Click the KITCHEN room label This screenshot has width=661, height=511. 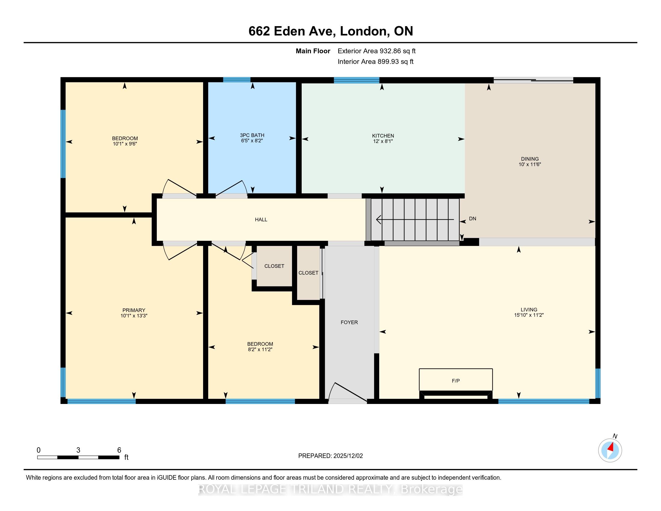tap(383, 136)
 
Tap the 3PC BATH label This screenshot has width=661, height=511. tap(252, 135)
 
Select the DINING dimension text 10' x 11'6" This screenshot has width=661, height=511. tap(530, 164)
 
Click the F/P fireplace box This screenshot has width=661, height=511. tap(455, 381)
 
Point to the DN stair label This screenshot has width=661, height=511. tap(472, 219)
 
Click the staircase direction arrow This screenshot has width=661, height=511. tap(415, 219)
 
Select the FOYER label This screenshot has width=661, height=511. tap(349, 323)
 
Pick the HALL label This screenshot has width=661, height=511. tap(261, 219)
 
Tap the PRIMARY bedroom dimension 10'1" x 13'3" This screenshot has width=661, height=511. tap(134, 315)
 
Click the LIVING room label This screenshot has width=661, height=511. tap(529, 309)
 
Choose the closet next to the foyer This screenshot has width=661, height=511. tap(308, 273)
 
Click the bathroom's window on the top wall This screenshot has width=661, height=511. tap(237, 80)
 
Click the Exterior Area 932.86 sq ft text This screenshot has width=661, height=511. tap(377, 51)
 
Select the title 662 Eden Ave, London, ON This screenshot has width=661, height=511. tap(331, 31)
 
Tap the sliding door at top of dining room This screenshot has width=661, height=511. tap(533, 80)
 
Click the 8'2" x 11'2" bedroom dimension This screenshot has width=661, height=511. tap(260, 349)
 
